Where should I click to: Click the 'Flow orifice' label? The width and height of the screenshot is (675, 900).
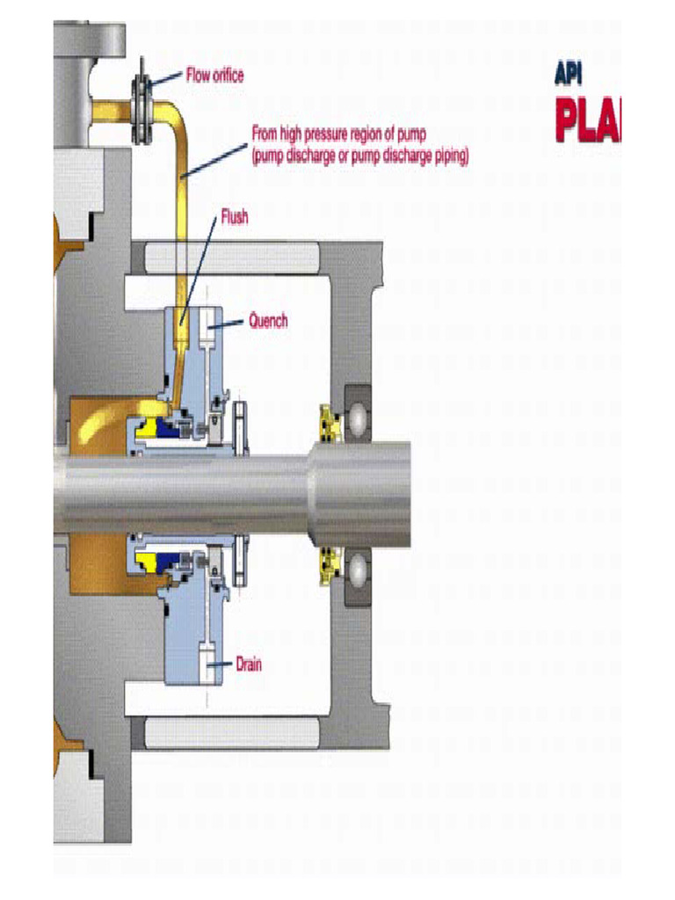(214, 76)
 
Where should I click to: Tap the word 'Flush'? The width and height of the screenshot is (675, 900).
(234, 218)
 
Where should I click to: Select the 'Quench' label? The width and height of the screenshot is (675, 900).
(268, 322)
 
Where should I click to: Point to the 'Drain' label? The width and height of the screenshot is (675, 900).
(248, 664)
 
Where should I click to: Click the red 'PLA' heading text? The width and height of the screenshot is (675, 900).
(587, 121)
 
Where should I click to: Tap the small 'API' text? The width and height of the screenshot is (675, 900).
(569, 76)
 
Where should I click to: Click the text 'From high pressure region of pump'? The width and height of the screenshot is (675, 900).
(338, 134)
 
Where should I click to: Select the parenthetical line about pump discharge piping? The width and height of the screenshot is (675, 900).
(360, 156)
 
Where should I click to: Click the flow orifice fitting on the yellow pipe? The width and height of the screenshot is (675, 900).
(140, 109)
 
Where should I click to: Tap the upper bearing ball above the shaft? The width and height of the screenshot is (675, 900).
(359, 422)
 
